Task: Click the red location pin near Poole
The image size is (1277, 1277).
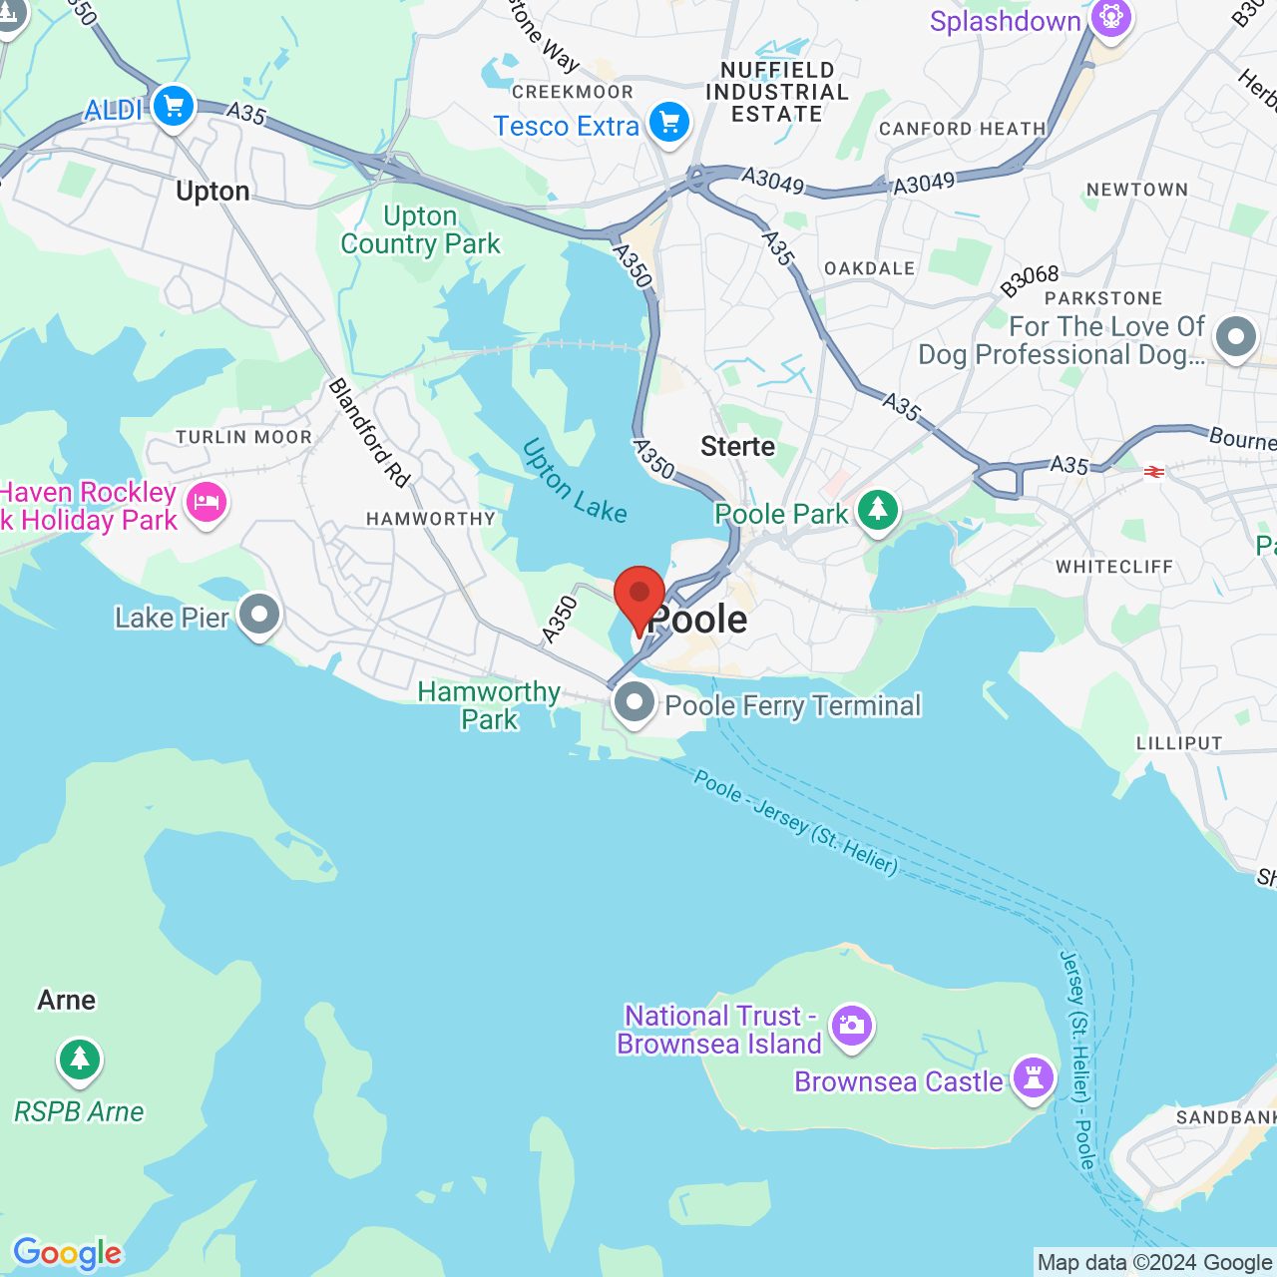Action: click(639, 596)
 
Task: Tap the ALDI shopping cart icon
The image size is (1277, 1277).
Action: click(174, 105)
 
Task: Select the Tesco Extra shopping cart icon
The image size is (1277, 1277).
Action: click(668, 123)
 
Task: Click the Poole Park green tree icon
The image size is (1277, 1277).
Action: click(878, 510)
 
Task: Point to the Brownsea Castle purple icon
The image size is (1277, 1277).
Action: click(1033, 1078)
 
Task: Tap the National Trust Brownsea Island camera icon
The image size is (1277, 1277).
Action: click(852, 1026)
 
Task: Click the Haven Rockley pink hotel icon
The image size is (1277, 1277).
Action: click(207, 502)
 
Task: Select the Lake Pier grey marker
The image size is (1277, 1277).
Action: click(259, 615)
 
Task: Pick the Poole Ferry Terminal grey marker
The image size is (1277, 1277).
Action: click(634, 702)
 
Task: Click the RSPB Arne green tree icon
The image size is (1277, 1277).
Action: click(80, 1059)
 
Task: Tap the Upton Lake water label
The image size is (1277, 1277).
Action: click(574, 481)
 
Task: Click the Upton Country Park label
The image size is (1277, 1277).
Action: click(420, 230)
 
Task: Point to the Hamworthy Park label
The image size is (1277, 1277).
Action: click(489, 705)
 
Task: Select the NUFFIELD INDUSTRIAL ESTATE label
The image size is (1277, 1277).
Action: click(777, 92)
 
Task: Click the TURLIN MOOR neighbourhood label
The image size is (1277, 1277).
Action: click(244, 437)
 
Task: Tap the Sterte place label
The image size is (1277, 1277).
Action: click(737, 446)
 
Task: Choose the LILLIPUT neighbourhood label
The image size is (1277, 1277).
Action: click(1179, 743)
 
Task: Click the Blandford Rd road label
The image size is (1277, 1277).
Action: click(369, 433)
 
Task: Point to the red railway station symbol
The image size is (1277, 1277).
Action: click(1154, 472)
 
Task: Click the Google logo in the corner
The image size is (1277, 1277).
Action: click(67, 1253)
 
